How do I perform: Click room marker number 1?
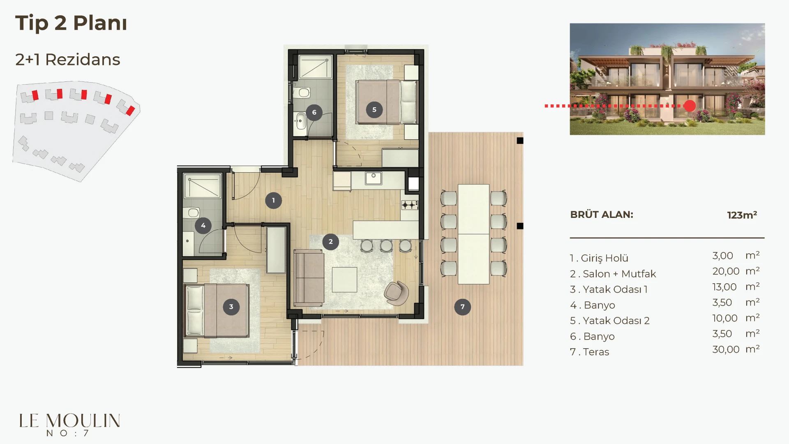[273, 201]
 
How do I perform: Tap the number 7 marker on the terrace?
[462, 307]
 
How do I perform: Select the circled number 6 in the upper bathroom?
[314, 112]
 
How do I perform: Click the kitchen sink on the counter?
[374, 178]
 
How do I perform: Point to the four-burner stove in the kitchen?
[410, 205]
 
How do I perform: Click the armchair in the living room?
[397, 293]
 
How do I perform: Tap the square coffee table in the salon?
[344, 280]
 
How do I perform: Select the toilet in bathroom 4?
[192, 213]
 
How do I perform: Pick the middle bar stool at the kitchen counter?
[386, 245]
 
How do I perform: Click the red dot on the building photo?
[690, 106]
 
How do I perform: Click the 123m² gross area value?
[742, 215]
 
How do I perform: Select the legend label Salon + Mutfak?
[619, 274]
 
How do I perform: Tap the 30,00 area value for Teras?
[726, 349]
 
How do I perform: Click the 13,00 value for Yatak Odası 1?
[724, 287]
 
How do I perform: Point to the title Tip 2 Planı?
[71, 23]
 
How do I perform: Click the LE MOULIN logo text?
[70, 421]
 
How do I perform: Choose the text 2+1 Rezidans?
[68, 60]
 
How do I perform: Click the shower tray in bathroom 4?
[203, 186]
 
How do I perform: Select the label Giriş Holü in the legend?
[604, 258]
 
